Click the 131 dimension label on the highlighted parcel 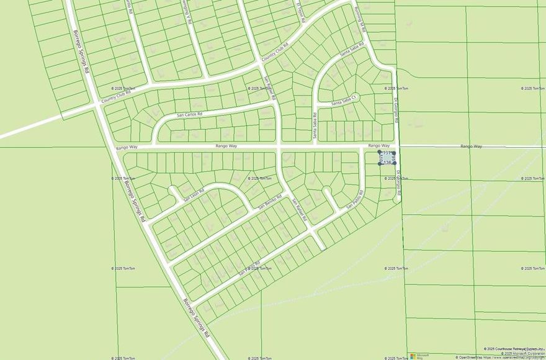click(x=387, y=153)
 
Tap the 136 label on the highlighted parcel click(x=387, y=163)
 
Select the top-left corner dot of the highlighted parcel click(x=380, y=151)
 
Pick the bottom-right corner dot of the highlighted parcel click(x=395, y=163)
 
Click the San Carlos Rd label click(x=190, y=115)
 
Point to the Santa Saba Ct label click(x=346, y=102)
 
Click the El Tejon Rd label click(x=301, y=11)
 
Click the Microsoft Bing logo click(x=414, y=356)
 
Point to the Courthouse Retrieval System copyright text click(x=514, y=349)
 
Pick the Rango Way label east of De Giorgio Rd click(x=471, y=146)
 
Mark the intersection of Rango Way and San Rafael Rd click(x=279, y=148)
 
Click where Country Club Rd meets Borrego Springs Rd click(x=97, y=106)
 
